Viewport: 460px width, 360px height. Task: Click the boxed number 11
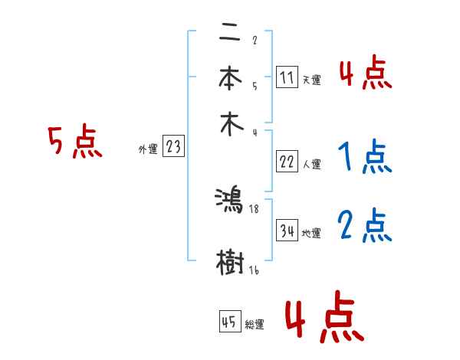pos(287,77)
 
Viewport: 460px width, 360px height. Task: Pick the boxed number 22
pos(287,162)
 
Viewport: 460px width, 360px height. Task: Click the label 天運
pos(311,80)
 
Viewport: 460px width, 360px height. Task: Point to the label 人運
pos(311,164)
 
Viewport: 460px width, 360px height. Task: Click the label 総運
pos(255,325)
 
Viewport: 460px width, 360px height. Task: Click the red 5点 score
pos(75,143)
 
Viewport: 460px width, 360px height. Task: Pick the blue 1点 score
pos(365,158)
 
